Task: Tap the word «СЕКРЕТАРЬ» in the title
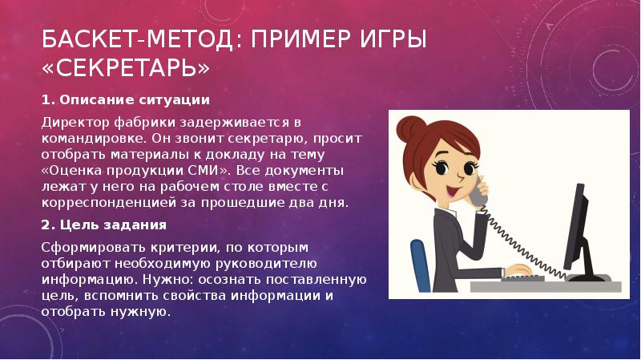(126, 68)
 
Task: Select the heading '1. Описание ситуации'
(126, 99)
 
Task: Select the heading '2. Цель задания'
(104, 225)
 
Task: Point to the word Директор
(75, 123)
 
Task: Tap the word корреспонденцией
(109, 203)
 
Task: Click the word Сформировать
(94, 248)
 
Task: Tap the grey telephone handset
(478, 192)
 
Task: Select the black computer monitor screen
(575, 226)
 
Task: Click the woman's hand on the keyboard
(518, 270)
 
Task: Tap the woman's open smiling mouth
(450, 191)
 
